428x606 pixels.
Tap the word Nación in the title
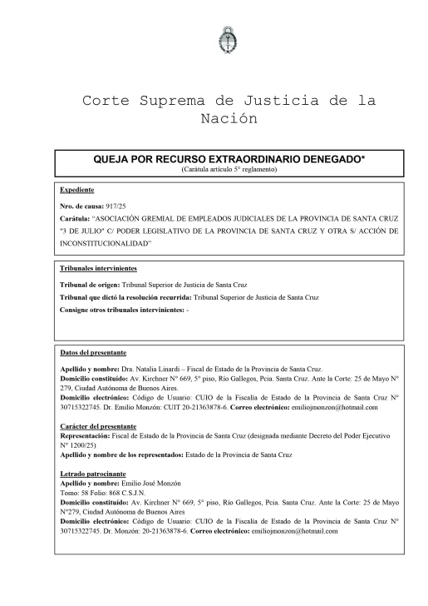(x=228, y=118)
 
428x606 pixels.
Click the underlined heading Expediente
(x=76, y=190)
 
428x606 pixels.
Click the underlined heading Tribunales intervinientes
(x=99, y=270)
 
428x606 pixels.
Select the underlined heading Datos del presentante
(x=93, y=353)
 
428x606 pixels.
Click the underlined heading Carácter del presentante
(x=98, y=425)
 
